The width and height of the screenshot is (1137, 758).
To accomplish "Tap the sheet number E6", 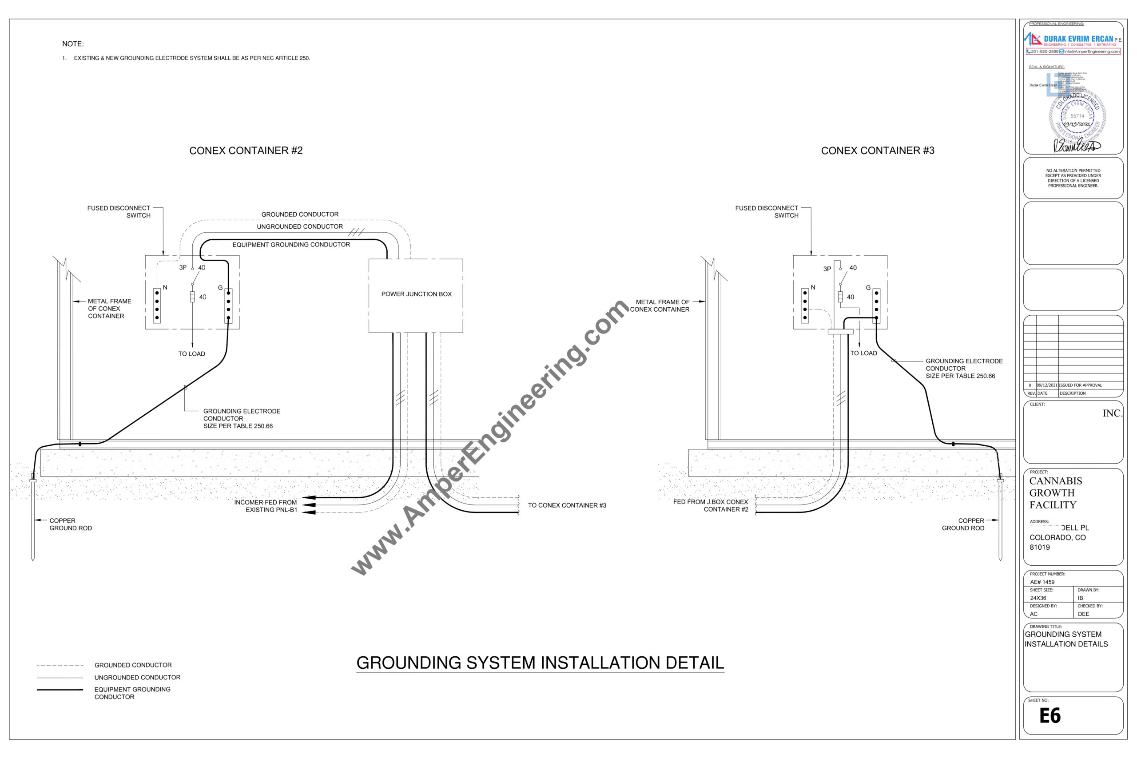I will click(1050, 715).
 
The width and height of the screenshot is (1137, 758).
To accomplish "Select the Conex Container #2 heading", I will click(246, 151).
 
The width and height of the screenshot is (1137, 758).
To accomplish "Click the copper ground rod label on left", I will click(70, 524).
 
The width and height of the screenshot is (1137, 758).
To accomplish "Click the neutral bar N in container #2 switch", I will click(157, 306).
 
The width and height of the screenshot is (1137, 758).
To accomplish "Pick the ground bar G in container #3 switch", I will click(876, 306).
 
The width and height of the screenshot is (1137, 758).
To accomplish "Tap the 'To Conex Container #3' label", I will click(567, 506).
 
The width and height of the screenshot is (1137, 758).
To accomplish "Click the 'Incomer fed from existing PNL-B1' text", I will click(266, 506).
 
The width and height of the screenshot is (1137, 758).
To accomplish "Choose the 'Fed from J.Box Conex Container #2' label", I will click(710, 506).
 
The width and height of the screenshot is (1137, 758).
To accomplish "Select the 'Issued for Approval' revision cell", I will click(1081, 385).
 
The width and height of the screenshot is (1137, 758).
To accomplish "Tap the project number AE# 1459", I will click(1042, 582).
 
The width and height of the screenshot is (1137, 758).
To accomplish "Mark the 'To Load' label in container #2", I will click(191, 354).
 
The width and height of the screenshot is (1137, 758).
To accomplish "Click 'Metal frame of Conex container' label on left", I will click(109, 309).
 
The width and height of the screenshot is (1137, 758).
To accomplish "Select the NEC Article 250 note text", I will click(191, 58).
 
